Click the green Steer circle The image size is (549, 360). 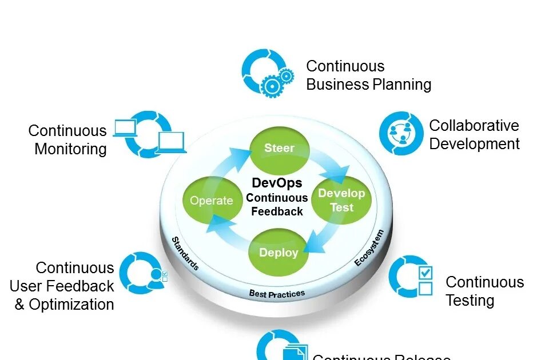(280, 149)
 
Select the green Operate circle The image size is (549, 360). (212, 201)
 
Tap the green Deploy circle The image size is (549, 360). (279, 253)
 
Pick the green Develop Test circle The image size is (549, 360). (341, 200)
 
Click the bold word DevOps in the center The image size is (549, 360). (277, 183)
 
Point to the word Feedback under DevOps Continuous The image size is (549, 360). (277, 211)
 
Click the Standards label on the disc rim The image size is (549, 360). (185, 254)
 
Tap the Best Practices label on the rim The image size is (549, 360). (277, 294)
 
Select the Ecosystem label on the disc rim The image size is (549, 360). (368, 248)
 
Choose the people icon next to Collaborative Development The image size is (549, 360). (401, 133)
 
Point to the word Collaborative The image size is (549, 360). (474, 126)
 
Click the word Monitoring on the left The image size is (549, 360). (70, 149)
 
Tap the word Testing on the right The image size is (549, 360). (470, 301)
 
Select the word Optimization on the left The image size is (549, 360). (71, 305)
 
